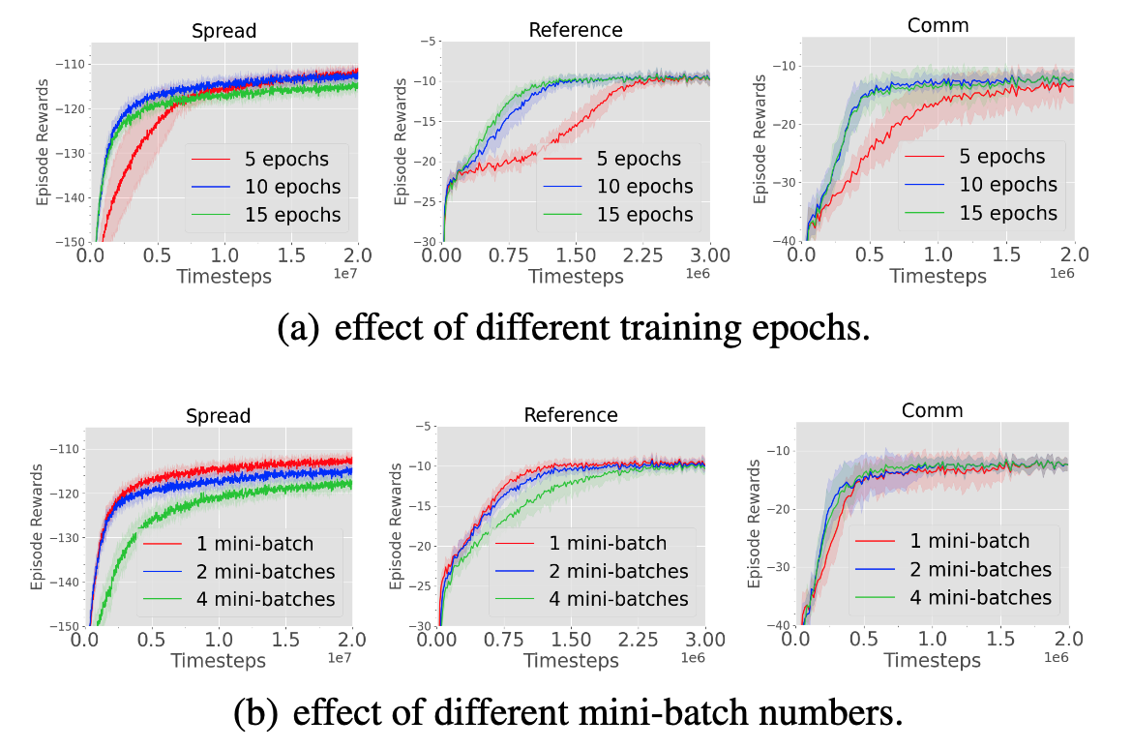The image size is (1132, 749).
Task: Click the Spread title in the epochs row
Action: tap(224, 31)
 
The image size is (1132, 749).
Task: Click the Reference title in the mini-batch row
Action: tap(570, 415)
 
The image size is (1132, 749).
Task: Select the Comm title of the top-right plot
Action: tap(938, 26)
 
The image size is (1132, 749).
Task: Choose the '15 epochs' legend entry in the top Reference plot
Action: tap(629, 214)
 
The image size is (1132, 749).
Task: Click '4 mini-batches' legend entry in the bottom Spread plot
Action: tap(239, 599)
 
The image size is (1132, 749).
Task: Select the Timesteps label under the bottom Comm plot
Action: tap(932, 660)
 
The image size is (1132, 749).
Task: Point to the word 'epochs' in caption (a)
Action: tap(811, 329)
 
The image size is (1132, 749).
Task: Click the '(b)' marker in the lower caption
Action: tap(256, 713)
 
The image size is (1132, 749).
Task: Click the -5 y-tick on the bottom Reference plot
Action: tap(423, 426)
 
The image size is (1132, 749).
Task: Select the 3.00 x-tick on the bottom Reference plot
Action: tap(704, 641)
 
